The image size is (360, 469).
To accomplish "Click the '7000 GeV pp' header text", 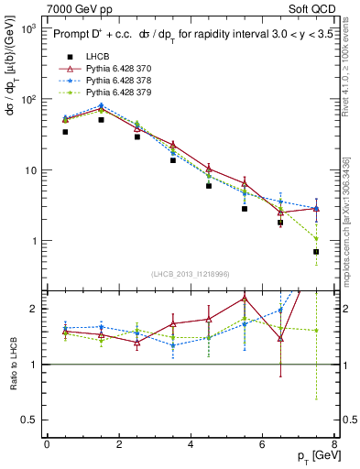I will [x=76, y=7].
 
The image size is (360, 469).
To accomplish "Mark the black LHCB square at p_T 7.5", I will [x=316, y=252].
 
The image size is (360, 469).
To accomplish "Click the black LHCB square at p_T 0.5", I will [x=65, y=132].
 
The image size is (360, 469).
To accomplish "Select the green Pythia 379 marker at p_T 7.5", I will [x=316, y=239].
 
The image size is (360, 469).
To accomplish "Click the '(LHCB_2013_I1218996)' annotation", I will [x=190, y=275].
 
